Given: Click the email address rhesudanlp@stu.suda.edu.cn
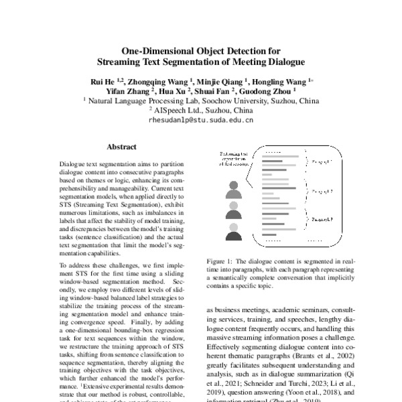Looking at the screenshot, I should click(x=200, y=121).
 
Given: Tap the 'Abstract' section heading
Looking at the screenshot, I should click(x=122, y=146).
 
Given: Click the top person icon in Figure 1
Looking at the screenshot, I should click(x=234, y=189).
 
